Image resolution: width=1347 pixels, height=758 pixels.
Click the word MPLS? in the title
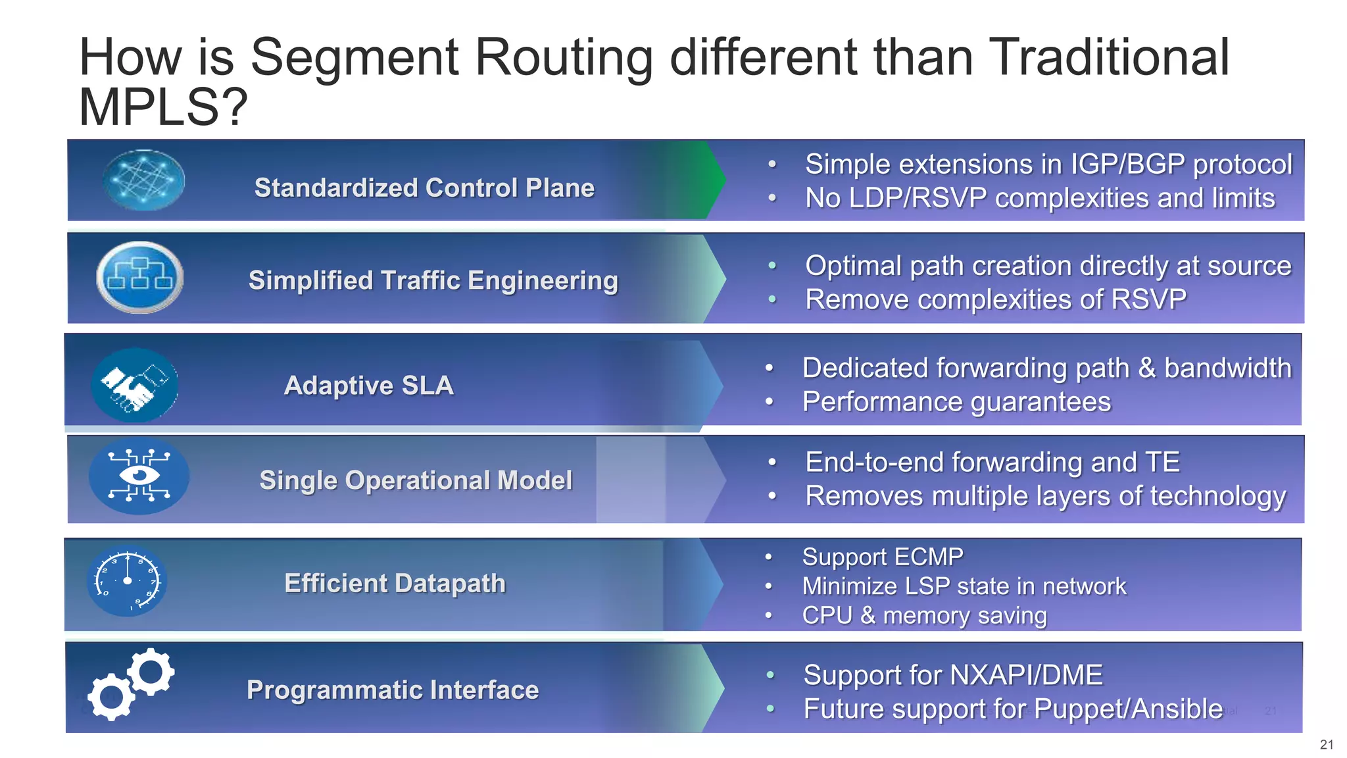162,107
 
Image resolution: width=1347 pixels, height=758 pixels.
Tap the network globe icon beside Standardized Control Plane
143,180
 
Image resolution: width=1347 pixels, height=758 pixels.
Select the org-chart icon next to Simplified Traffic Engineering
139,277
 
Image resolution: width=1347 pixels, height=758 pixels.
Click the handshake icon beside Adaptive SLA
135,385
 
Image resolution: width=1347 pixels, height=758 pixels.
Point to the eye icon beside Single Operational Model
139,476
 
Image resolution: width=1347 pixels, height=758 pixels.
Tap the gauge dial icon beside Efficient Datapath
127,581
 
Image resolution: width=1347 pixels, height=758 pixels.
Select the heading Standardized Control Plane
424,188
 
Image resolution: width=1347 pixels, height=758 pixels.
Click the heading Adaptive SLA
368,385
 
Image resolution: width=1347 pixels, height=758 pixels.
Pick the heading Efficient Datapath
395,583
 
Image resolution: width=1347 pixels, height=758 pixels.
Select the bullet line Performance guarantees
956,401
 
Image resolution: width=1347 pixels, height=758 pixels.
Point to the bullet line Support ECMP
882,557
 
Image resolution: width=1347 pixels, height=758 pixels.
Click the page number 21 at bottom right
1326,744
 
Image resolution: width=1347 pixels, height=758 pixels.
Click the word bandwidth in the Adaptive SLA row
1227,368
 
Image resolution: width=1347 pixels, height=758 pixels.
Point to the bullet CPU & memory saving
923,615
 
